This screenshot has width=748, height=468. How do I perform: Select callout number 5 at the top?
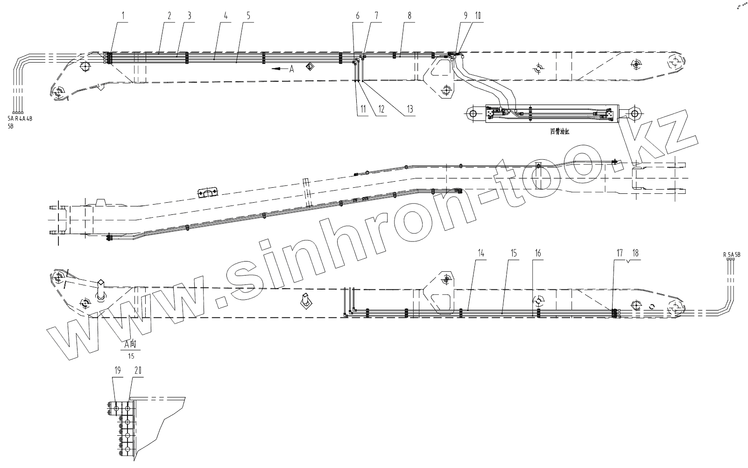[248, 15]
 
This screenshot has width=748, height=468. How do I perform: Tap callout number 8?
[409, 15]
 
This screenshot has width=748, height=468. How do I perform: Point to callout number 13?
[409, 109]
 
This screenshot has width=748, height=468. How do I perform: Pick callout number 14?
[481, 253]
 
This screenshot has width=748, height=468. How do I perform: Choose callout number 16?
[538, 253]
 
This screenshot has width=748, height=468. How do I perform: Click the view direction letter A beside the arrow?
[291, 69]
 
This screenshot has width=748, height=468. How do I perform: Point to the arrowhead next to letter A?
[276, 69]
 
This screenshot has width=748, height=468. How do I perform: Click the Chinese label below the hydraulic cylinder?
[560, 132]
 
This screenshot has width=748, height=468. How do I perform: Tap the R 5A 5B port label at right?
[732, 255]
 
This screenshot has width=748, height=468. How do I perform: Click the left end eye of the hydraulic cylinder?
[473, 113]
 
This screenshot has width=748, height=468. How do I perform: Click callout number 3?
[190, 15]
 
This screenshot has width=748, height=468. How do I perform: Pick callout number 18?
[635, 253]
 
